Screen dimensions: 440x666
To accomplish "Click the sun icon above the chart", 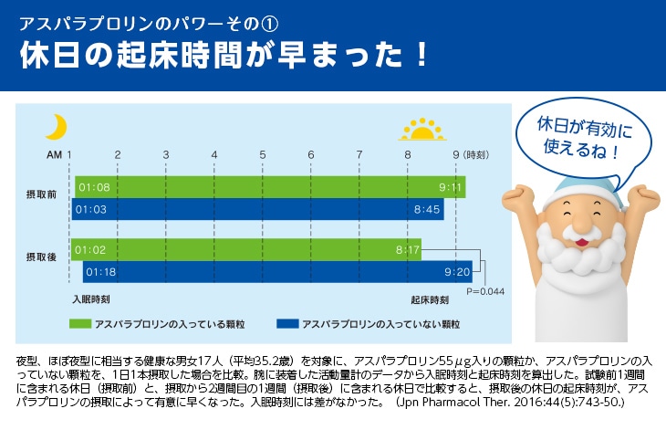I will [x=420, y=130].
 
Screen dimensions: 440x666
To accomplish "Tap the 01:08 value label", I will [x=94, y=188].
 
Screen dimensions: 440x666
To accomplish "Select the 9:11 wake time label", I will [x=452, y=188].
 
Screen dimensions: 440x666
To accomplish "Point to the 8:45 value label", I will [x=427, y=210].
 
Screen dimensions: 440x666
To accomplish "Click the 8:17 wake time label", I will [x=408, y=248].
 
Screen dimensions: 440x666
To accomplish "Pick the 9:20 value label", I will [x=457, y=271].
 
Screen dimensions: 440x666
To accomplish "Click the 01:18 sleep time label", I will [x=99, y=271].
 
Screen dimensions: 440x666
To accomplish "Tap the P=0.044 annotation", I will [x=485, y=291].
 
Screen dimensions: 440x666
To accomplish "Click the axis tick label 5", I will [x=262, y=154].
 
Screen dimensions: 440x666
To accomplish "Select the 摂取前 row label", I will [x=41, y=194].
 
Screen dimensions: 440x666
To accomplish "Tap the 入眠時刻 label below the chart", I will [x=91, y=299].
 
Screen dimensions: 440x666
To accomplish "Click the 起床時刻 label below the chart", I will [x=429, y=299].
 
